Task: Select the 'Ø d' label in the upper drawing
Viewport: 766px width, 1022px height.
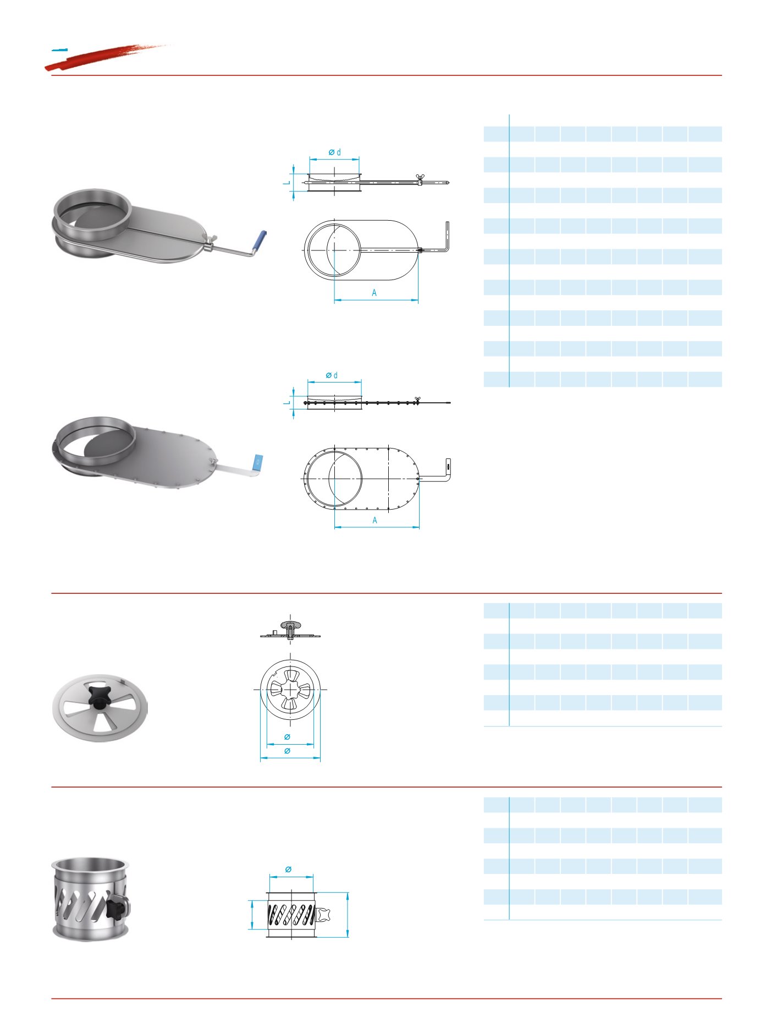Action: click(335, 152)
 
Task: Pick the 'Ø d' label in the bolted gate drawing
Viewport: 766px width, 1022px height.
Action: click(332, 375)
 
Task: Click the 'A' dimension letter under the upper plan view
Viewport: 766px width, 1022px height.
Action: click(374, 293)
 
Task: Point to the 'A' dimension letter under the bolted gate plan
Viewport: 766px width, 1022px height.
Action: click(375, 520)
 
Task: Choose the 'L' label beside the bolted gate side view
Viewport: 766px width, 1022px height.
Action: click(286, 403)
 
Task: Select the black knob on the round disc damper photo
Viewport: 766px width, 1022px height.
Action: click(97, 696)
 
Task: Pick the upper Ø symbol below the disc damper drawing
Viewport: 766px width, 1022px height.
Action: click(287, 737)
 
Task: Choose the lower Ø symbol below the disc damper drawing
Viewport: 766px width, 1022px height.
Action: click(287, 751)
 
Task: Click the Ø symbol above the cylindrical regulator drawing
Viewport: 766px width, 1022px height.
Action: click(289, 870)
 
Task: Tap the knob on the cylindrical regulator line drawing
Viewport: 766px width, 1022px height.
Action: click(323, 915)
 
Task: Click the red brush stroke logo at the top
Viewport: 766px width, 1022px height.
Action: click(104, 56)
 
